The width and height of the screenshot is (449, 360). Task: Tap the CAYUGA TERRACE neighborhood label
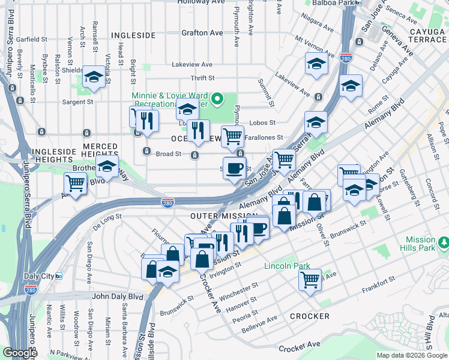click(419, 35)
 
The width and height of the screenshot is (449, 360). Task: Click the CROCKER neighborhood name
click(309, 316)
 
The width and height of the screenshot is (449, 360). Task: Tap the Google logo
click(20, 353)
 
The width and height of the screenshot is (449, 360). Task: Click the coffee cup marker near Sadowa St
click(234, 167)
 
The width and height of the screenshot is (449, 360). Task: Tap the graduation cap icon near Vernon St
click(94, 77)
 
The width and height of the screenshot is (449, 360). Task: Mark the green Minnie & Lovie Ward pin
click(218, 98)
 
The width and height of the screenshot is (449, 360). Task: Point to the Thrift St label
click(202, 78)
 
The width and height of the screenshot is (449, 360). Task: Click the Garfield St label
click(32, 40)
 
